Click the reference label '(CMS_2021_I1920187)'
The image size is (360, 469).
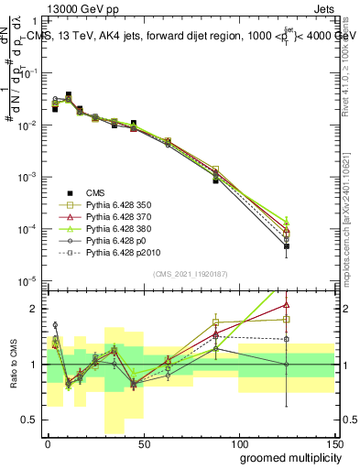point(190,274)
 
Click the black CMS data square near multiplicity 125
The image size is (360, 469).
point(287,246)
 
